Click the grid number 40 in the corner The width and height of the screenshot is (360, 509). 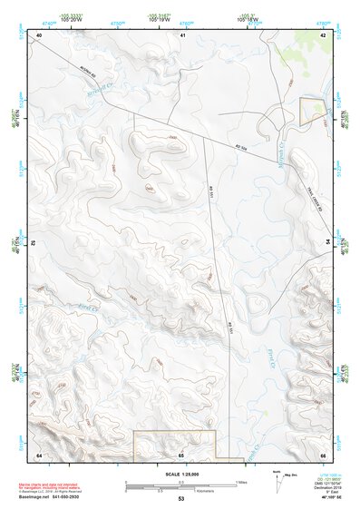coord(40,34)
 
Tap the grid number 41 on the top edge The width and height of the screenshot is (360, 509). coord(182,34)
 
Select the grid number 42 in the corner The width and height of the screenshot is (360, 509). coord(324,34)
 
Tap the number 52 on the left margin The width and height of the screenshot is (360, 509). coord(34,244)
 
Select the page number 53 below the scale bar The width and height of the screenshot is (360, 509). coord(181,499)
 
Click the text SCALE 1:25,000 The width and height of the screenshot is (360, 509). coord(181,474)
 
